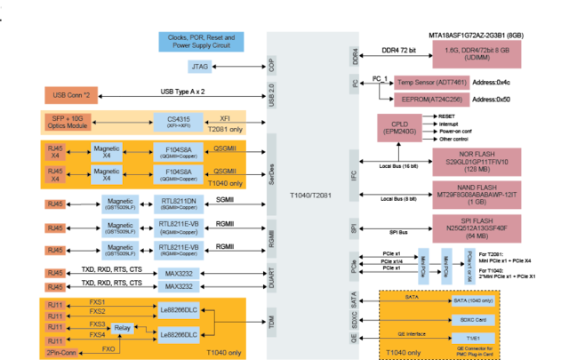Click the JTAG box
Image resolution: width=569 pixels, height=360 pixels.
(x=200, y=66)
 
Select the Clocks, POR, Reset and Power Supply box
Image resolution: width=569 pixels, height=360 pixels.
(x=200, y=41)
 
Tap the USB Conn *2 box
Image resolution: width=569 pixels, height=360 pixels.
(x=71, y=94)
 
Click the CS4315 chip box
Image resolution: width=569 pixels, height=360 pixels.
(x=178, y=122)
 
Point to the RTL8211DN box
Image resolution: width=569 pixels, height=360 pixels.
(x=178, y=204)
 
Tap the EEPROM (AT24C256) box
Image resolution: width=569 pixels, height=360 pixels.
(x=430, y=100)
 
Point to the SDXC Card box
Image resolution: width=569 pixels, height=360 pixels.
(x=472, y=319)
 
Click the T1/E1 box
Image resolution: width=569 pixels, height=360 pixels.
(x=472, y=339)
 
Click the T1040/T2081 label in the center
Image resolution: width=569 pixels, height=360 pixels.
(x=310, y=194)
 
